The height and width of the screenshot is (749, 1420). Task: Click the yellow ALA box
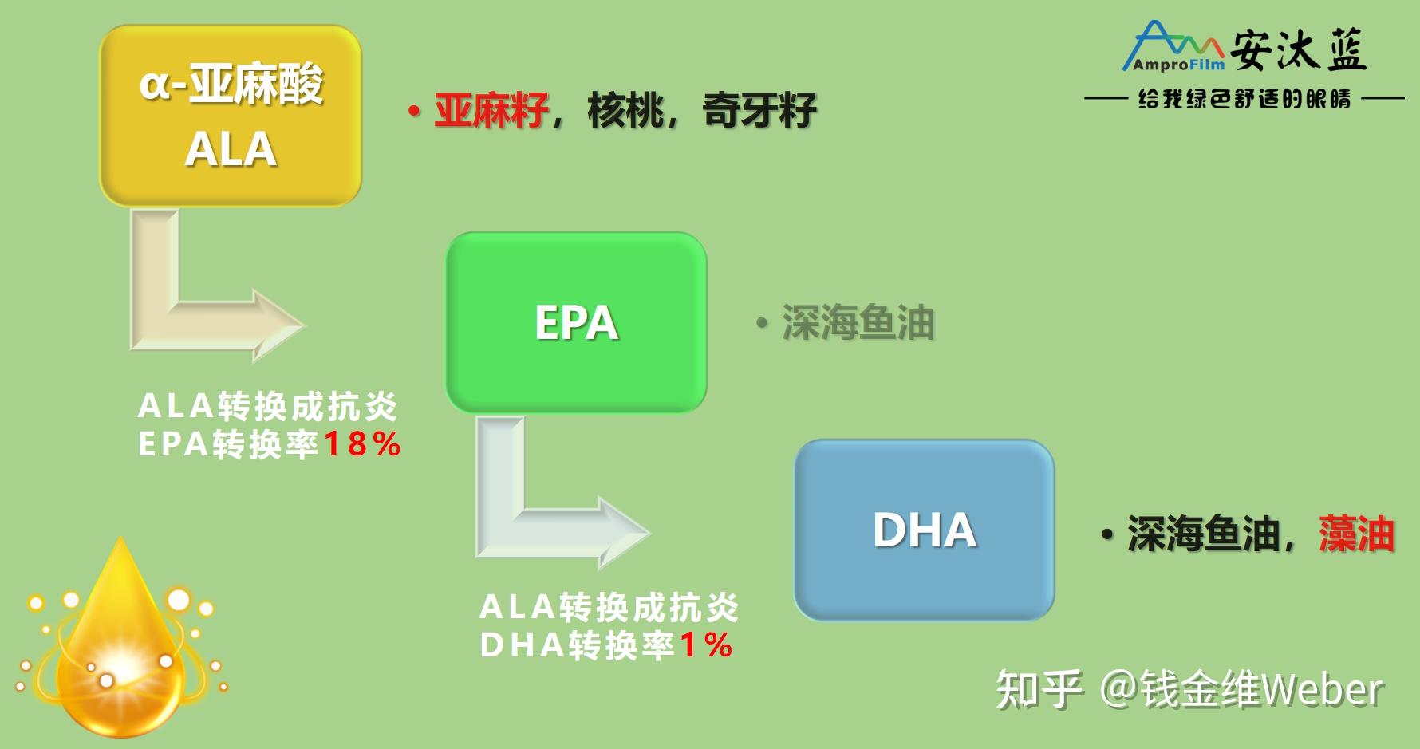tap(231, 116)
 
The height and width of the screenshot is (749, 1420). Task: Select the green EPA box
tap(576, 322)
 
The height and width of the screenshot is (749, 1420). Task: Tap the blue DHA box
tap(924, 530)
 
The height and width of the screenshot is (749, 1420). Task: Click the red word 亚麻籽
tap(491, 110)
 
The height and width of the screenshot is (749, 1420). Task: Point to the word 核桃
tap(625, 110)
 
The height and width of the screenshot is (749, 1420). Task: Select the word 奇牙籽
tap(759, 110)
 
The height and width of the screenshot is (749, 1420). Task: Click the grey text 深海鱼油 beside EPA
tap(857, 323)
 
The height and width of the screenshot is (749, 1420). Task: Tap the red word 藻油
tap(1356, 534)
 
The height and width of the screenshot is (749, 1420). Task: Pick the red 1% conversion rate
tap(705, 645)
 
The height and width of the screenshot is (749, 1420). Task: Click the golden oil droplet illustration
tap(120, 646)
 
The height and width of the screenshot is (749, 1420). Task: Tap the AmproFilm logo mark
tap(1173, 48)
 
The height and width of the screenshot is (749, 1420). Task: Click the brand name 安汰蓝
tap(1298, 50)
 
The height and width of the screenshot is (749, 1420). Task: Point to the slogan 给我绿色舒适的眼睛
tap(1244, 99)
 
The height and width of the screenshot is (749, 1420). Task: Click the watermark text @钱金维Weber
tap(1241, 688)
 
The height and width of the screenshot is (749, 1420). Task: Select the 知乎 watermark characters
tap(1039, 688)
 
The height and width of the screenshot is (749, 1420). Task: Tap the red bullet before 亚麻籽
tap(413, 111)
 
